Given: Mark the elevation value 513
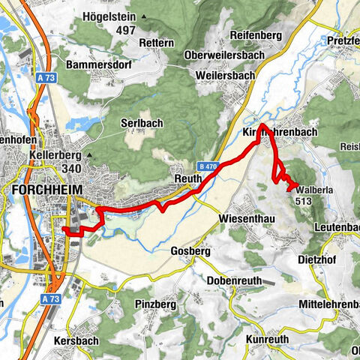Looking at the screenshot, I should click(304, 201).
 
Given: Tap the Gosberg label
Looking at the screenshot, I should click(190, 251).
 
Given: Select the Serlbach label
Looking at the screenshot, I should click(137, 121).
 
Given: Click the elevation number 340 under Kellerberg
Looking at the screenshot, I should click(49, 169).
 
